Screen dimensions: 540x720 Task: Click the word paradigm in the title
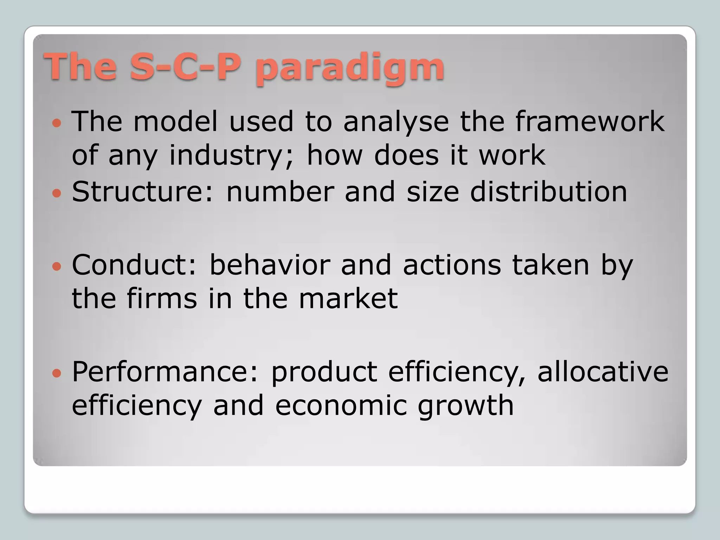pos(349,67)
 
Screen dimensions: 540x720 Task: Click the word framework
pos(590,121)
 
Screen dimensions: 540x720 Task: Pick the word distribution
pos(548,192)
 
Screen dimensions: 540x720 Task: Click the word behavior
pos(270,265)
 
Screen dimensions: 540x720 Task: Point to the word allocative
pos(603,372)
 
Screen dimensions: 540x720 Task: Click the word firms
pos(162,298)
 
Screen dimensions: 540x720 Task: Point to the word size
pos(432,192)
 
